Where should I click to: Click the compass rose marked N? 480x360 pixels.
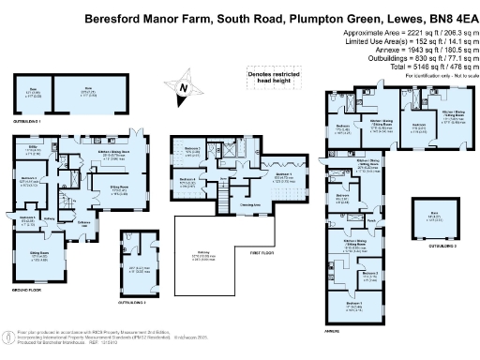[184, 88]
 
